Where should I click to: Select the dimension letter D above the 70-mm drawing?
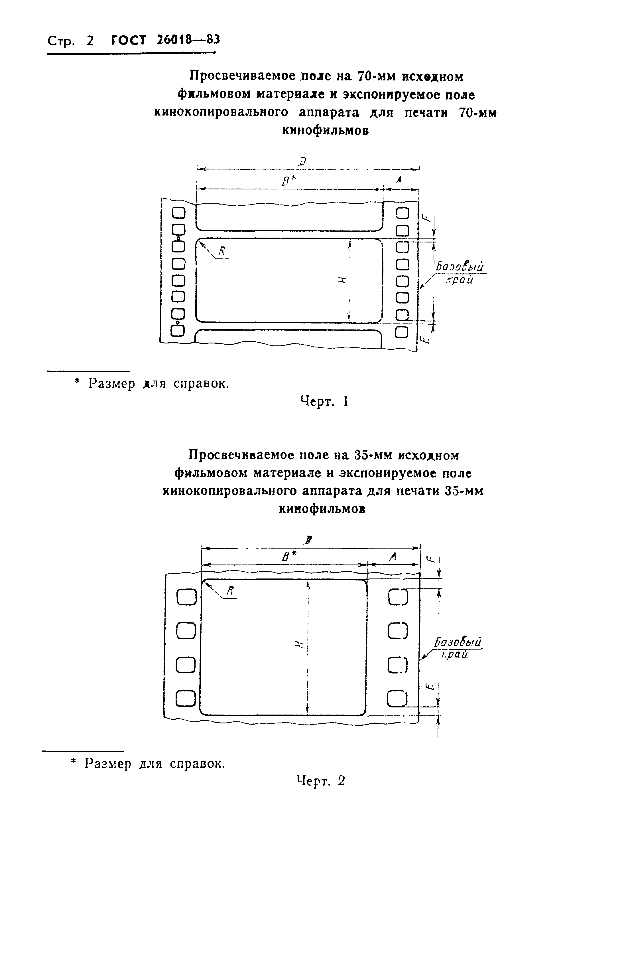click(x=302, y=162)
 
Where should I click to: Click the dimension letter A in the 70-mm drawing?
click(x=399, y=181)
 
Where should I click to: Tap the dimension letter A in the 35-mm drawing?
click(x=392, y=557)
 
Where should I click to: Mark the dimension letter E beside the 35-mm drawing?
click(x=431, y=686)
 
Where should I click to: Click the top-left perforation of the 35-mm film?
click(x=187, y=598)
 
